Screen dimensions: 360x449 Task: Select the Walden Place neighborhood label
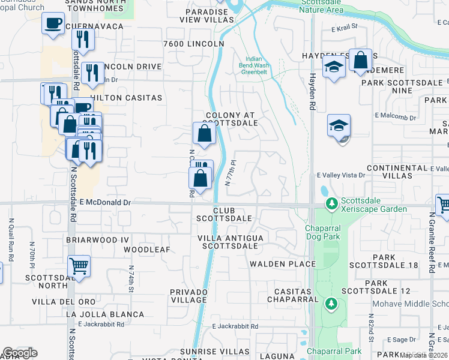pyautogui.click(x=282, y=264)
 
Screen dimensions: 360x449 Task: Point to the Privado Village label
pyautogui.click(x=188, y=295)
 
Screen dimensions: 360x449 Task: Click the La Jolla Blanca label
pyautogui.click(x=105, y=314)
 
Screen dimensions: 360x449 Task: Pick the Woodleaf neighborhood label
pyautogui.click(x=147, y=249)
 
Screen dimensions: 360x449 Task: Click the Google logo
pyautogui.click(x=20, y=353)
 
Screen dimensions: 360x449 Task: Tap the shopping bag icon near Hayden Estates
pyautogui.click(x=360, y=61)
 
